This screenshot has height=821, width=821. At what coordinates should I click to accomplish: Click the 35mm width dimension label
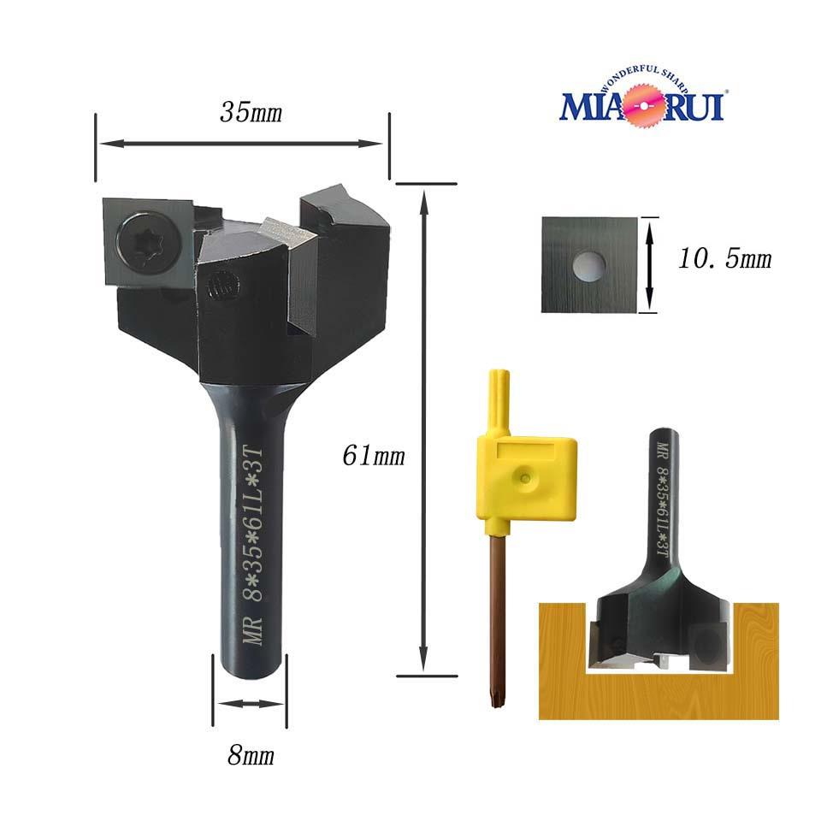[251, 112]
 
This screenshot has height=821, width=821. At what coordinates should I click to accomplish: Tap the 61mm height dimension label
[374, 455]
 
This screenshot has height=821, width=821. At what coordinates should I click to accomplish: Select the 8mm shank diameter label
[251, 755]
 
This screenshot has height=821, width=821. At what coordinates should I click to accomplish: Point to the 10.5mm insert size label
[724, 258]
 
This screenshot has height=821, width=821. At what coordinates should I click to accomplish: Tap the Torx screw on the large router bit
[141, 241]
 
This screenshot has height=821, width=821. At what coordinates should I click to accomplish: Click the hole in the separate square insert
[589, 267]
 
